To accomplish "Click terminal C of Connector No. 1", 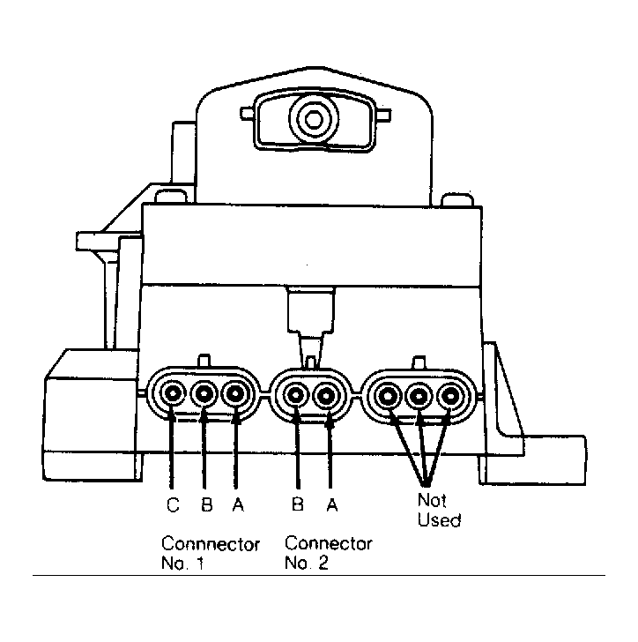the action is [173, 393].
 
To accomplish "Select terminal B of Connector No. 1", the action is [204, 394].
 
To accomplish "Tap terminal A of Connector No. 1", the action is [235, 394].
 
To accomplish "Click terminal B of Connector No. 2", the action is [295, 395].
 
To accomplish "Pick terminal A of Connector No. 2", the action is [326, 396].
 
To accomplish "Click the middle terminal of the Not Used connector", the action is [419, 396].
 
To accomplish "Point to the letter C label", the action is [173, 504].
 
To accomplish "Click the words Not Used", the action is [439, 510].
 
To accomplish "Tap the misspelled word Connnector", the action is [211, 544].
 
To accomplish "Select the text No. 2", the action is [307, 563].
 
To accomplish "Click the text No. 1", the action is [182, 564].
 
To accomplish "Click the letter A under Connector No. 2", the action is [332, 504].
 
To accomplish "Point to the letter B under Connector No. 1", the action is [207, 504].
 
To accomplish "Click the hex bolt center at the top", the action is [314, 120].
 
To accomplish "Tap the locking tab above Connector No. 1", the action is [204, 361].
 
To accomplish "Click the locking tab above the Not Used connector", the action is [419, 362].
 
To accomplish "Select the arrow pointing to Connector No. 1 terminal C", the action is [173, 451].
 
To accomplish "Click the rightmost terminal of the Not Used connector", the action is [450, 396].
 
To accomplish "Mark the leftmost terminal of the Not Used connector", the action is [388, 396].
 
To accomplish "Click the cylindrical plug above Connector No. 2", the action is [311, 310].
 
